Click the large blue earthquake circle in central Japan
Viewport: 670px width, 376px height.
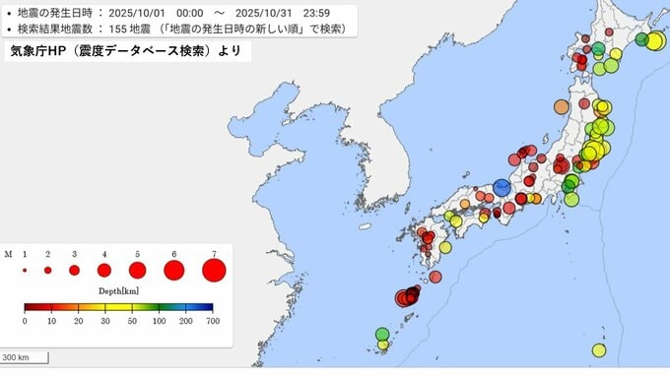502,187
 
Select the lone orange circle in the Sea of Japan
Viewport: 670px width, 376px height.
562,106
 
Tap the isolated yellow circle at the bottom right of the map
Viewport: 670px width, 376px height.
598,350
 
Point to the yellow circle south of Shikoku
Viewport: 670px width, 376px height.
445,247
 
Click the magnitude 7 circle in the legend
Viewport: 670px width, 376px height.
213,269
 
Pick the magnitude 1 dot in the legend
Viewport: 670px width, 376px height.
25,269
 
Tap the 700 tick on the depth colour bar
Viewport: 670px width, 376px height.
209,322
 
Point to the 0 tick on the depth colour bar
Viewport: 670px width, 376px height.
26,322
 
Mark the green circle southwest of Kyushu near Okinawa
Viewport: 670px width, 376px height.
382,335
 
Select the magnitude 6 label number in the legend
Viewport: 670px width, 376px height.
174,254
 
